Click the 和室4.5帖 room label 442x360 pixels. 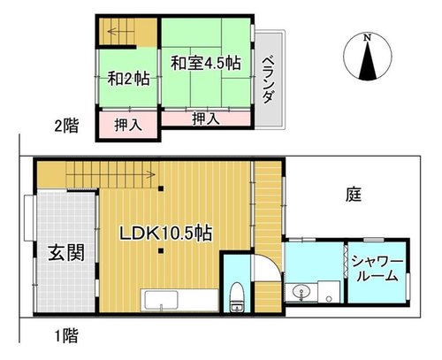click(x=206, y=63)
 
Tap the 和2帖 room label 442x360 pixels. click(x=128, y=79)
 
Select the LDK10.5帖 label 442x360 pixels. click(x=165, y=234)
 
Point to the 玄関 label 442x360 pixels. click(x=66, y=253)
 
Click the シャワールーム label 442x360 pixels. click(x=377, y=269)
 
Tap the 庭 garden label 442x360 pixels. click(x=354, y=195)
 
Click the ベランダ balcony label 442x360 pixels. click(x=268, y=79)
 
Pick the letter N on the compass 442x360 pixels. click(x=367, y=38)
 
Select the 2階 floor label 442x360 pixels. click(x=66, y=126)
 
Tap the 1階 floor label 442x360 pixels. click(x=67, y=335)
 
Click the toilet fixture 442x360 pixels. click(x=237, y=296)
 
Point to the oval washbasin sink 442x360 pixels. click(x=301, y=292)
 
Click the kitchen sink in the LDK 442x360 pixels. click(x=159, y=300)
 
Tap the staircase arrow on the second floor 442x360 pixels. click(x=121, y=31)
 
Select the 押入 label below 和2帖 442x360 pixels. click(x=128, y=125)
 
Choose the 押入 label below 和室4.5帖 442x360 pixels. click(x=206, y=119)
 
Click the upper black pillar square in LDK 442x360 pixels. click(x=161, y=188)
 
